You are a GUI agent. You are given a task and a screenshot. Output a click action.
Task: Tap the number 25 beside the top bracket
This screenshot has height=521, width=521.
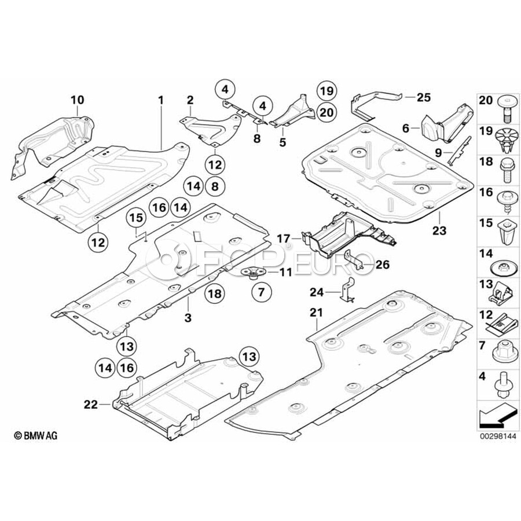coord(424,96)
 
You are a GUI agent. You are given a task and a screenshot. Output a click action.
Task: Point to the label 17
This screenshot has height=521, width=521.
coord(283,237)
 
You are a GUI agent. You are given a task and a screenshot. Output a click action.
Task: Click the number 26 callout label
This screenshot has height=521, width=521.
coord(382,265)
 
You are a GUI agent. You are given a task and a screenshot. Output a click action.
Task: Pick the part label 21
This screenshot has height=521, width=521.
coord(315,313)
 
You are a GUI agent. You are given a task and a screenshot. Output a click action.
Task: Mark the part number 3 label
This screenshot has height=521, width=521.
coord(187,318)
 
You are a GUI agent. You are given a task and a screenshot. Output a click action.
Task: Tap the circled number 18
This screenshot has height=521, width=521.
coord(214,294)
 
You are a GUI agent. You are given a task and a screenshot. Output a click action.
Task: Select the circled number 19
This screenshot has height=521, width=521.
coord(326,90)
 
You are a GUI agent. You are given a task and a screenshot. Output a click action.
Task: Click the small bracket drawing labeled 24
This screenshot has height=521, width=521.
coord(348,289)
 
